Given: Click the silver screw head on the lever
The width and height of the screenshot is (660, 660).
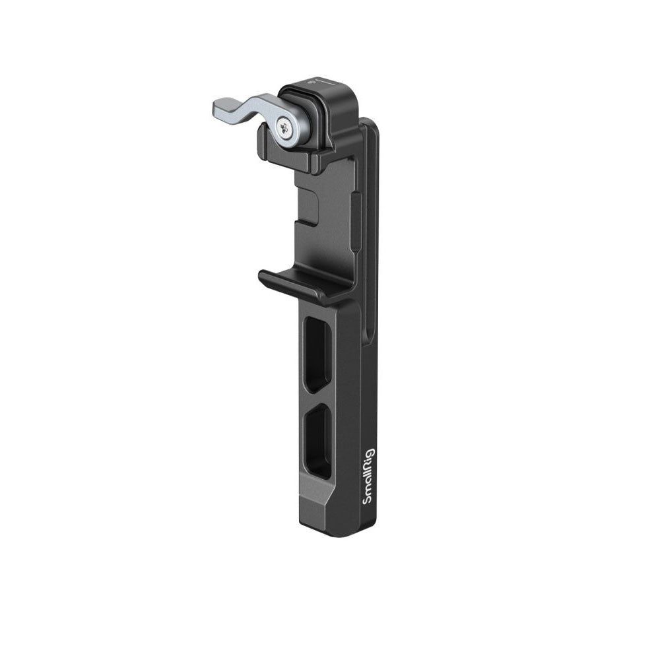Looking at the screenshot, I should click(285, 125).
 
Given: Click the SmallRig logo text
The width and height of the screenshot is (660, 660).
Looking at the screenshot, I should click(368, 477).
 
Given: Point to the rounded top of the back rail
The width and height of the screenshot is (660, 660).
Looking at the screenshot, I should click(366, 122).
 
